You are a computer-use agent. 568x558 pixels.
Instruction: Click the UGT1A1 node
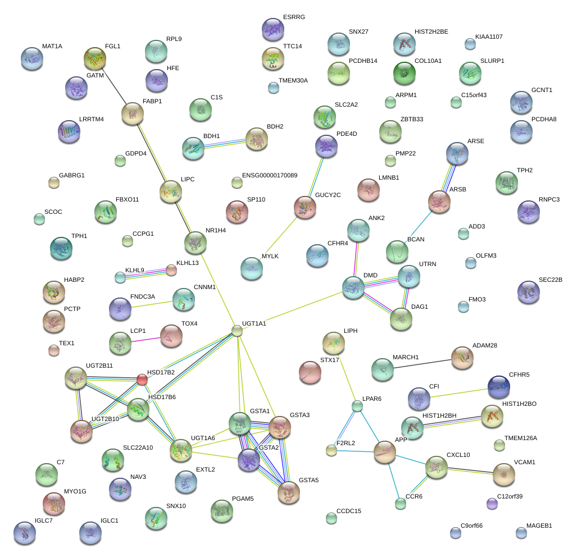[x=238, y=331]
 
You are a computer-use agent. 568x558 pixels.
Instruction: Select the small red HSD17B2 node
[x=142, y=380]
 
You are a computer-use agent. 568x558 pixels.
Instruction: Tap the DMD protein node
[x=353, y=287]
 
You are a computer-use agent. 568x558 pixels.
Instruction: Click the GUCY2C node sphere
[x=305, y=207]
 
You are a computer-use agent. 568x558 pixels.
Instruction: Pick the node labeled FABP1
[x=133, y=113]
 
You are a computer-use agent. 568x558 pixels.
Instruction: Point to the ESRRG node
[x=273, y=29]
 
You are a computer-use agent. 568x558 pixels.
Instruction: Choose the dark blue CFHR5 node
[x=499, y=386]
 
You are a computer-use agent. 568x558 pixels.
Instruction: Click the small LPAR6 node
[x=357, y=405]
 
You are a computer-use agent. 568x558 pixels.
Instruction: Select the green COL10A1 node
[x=403, y=72]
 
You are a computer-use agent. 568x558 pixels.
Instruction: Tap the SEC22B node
[x=528, y=291]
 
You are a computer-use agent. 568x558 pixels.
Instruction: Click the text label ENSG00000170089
[x=270, y=176]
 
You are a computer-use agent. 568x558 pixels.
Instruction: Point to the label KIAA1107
[x=489, y=37]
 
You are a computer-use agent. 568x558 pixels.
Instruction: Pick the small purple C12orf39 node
[x=492, y=504]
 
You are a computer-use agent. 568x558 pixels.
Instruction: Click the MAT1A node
[x=31, y=58]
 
